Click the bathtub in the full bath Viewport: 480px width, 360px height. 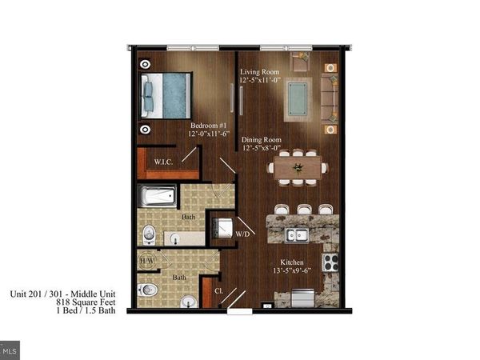coord(155,197)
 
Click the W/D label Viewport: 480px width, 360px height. coord(242,234)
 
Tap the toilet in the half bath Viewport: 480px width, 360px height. coord(145,290)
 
